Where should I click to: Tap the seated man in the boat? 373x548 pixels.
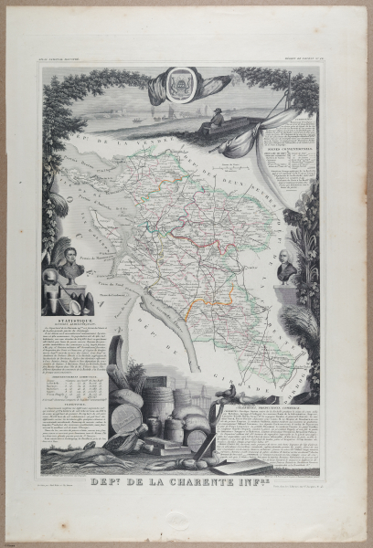(216, 119)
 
